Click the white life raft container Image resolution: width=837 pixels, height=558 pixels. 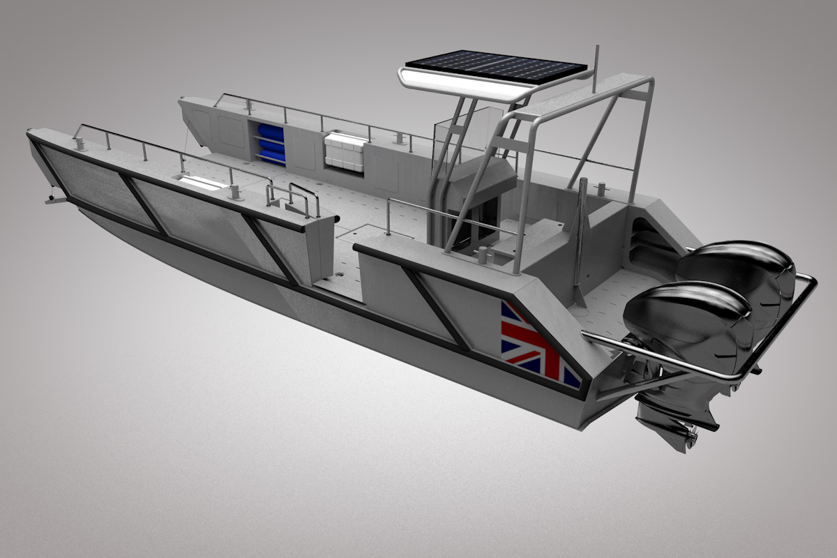345,152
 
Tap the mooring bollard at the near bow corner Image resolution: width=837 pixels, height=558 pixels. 80,143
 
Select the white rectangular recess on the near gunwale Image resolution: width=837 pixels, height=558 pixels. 202,183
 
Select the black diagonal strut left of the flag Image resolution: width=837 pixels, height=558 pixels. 436,307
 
